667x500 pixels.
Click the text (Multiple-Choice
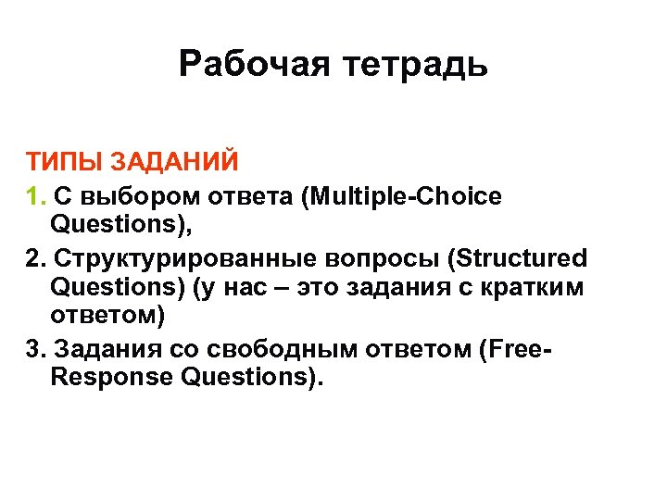[x=408, y=197]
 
